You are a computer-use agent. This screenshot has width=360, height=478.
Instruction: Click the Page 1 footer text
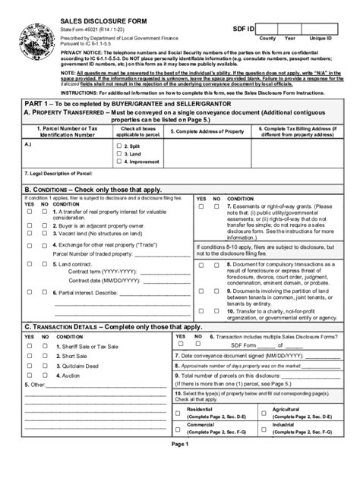(180, 466)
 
